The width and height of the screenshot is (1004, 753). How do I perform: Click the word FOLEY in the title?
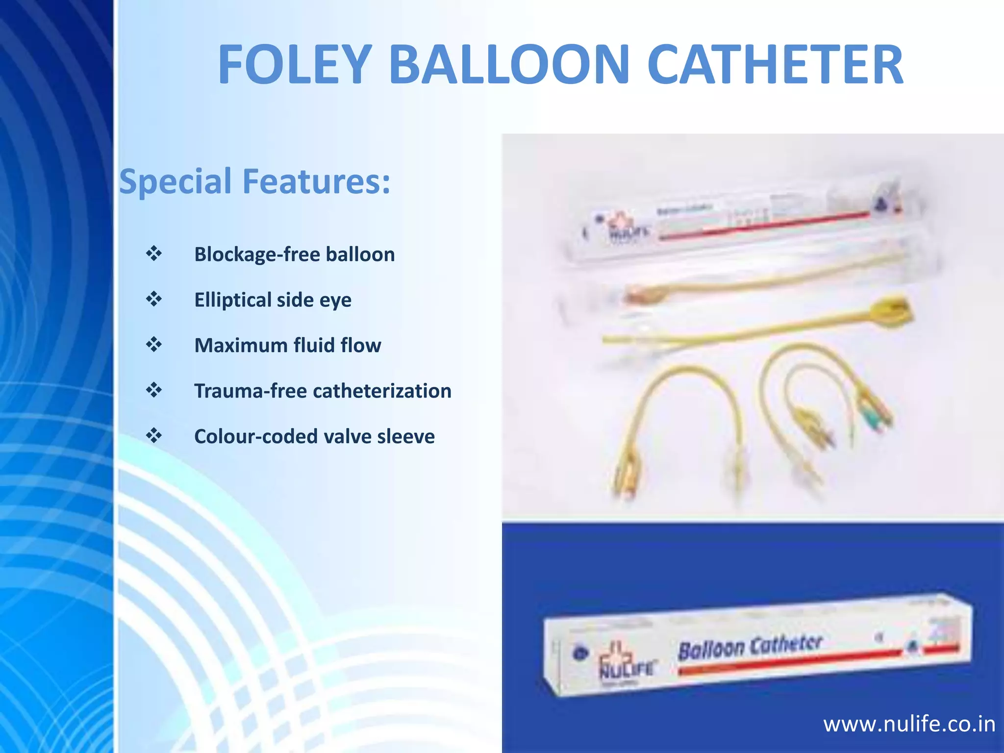pos(295,65)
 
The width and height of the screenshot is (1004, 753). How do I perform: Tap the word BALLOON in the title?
pos(509,65)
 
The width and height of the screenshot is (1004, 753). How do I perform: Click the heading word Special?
pos(176,181)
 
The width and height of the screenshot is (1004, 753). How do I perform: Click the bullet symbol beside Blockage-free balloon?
pos(154,253)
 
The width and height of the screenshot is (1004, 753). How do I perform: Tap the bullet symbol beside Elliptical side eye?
pos(154,299)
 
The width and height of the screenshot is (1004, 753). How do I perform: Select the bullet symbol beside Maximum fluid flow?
pos(154,345)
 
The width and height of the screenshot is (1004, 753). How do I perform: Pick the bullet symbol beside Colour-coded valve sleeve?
pos(154,436)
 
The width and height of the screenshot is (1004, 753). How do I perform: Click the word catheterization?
pos(382,391)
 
